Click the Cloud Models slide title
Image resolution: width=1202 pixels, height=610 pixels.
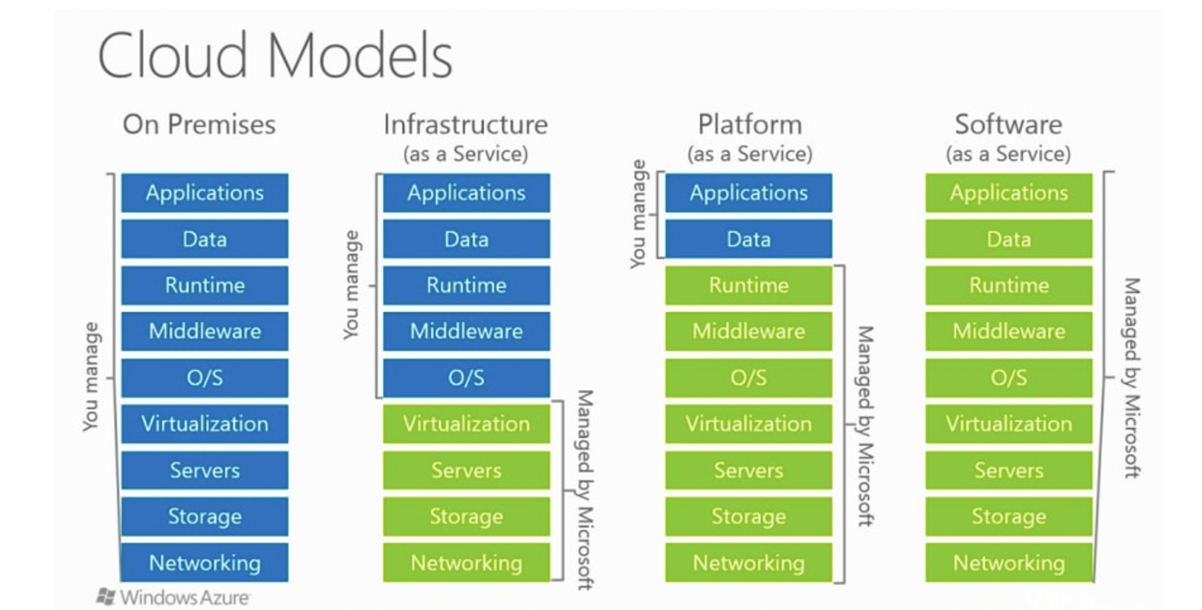pos(274,56)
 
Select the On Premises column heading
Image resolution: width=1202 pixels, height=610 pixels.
pos(199,124)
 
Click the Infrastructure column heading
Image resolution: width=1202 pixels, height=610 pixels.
pos(465,124)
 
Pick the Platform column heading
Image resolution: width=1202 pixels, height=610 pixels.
pos(749,124)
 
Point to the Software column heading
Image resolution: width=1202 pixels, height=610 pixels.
pos(1008,124)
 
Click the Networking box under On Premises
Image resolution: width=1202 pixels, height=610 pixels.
pos(205,563)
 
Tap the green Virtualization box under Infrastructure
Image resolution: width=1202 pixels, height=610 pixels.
pos(466,424)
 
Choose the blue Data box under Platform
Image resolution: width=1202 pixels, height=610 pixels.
pos(749,239)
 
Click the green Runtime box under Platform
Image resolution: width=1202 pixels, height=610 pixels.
pos(749,285)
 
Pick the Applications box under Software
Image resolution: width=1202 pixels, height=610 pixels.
pos(1008,193)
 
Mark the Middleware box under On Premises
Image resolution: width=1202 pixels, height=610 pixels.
pos(205,331)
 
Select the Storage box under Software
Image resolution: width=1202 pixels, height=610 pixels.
pos(1008,517)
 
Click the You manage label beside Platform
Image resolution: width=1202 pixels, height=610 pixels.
pos(639,214)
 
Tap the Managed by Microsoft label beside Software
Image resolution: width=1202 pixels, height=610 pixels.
pos(1130,377)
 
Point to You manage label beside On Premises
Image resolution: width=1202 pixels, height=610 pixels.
pos(91,376)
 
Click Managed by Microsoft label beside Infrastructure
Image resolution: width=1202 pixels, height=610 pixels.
pos(585,489)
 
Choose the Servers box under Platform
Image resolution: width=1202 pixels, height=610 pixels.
pos(749,471)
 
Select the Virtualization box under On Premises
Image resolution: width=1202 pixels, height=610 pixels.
pos(205,424)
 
